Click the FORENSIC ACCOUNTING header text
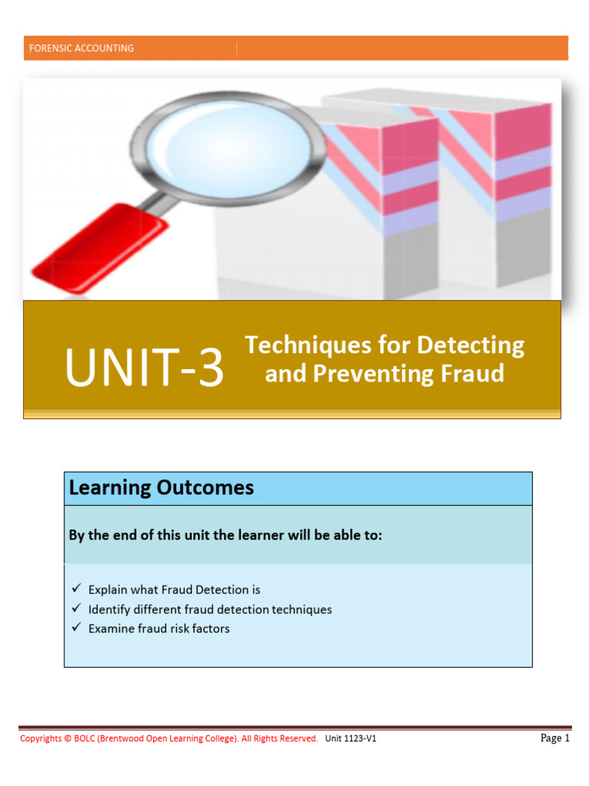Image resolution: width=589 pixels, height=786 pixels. (81, 48)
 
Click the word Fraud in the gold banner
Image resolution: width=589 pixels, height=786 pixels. (472, 374)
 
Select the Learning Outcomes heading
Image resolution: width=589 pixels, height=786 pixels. (161, 488)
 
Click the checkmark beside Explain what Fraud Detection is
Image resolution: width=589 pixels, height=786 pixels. (76, 589)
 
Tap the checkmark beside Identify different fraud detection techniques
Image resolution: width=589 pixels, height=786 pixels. (76, 609)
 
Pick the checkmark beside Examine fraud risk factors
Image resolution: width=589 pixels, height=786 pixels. (76, 628)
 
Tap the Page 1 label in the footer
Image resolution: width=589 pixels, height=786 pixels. (555, 738)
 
